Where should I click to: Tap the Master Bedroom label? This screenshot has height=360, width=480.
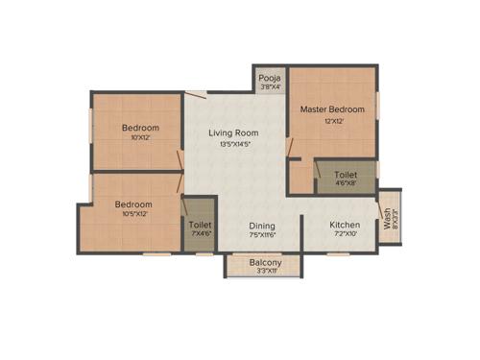coord(332,109)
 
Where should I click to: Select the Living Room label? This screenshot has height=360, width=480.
coord(236,133)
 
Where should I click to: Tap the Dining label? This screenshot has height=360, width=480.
coord(263,224)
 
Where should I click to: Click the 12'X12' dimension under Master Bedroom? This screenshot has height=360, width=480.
coord(332,120)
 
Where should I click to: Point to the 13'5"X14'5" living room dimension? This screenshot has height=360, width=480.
coord(236,145)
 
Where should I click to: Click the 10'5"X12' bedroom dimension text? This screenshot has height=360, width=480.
coord(134,215)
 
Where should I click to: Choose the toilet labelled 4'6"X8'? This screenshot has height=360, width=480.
coord(346,176)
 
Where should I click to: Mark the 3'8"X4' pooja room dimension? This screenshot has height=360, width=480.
coord(270,87)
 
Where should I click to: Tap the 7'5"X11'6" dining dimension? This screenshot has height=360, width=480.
coord(263,234)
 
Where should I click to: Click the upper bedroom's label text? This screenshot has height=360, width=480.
coord(140,128)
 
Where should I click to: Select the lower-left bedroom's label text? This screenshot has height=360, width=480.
coord(134,204)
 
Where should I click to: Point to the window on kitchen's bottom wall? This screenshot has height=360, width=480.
coord(339,253)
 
